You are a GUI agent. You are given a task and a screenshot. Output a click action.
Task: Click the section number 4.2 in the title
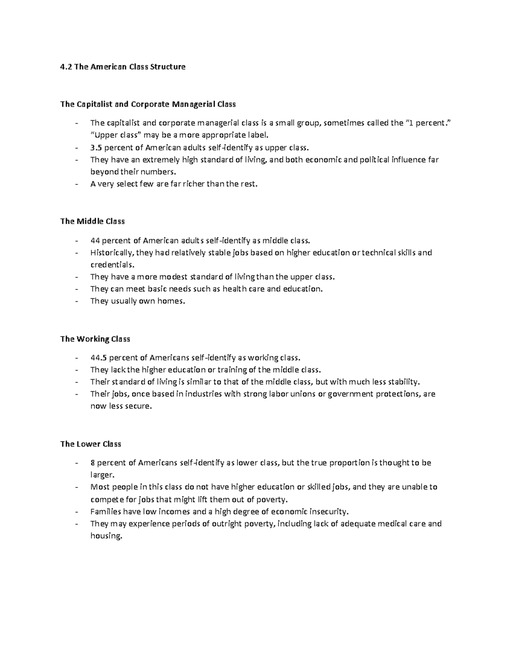point(66,67)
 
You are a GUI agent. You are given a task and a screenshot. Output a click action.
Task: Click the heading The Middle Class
point(92,221)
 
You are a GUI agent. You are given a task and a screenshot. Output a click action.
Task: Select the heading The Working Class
point(95,339)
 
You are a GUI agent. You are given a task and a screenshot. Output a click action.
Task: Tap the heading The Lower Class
point(91,444)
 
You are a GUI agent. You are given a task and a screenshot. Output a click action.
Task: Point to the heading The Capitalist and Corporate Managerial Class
point(148,104)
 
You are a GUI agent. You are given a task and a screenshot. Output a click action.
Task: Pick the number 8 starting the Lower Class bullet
point(92,463)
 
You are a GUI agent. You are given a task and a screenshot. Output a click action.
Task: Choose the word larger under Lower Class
point(103,475)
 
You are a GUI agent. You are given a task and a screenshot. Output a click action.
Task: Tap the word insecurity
point(324,511)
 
